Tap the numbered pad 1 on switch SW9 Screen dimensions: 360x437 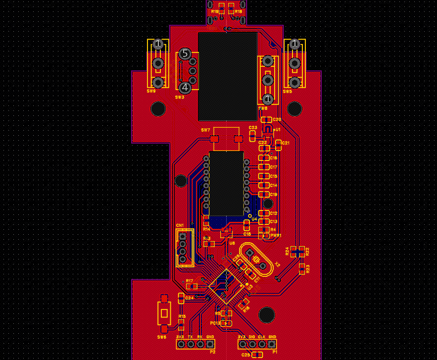[158, 45]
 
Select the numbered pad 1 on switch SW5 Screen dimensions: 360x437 [294, 45]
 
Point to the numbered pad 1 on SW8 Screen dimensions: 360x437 [268, 99]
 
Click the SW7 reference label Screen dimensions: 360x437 [205, 130]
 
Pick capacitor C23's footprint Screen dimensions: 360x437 [253, 134]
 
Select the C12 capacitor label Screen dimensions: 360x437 [274, 213]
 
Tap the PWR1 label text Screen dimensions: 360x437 [276, 236]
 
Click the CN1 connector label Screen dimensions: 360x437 [180, 225]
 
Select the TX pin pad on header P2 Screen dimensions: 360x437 [191, 344]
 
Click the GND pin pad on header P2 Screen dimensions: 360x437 [210, 344]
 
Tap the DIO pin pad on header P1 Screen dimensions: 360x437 [252, 344]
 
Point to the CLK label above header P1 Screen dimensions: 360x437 [262, 337]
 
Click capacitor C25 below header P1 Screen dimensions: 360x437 [257, 355]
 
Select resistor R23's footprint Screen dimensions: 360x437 [302, 269]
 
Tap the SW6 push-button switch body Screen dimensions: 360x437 [163, 310]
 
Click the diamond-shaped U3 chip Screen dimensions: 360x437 [227, 286]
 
